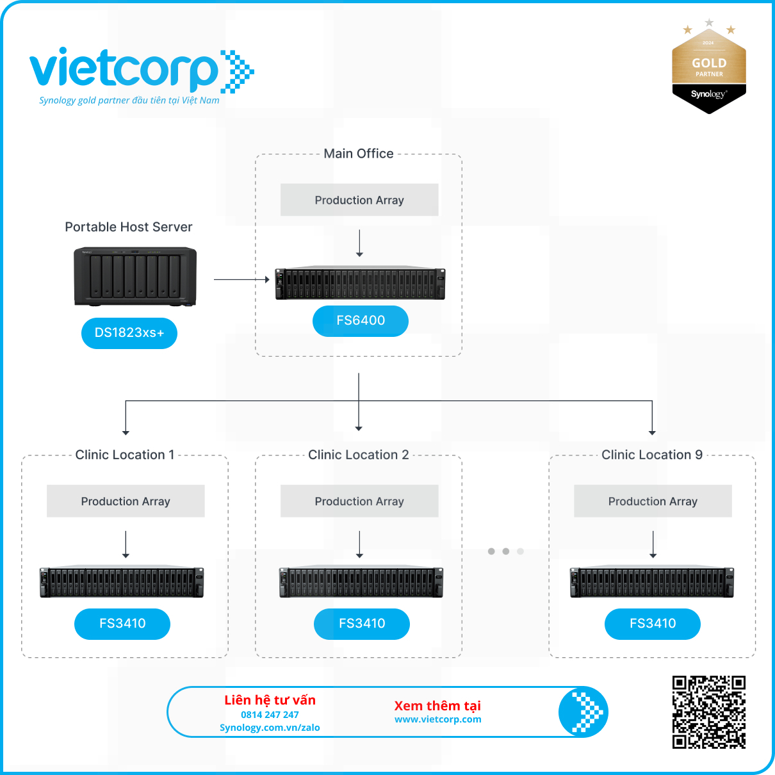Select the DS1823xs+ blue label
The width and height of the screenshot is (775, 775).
pos(129,333)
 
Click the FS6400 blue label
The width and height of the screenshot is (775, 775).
pos(361,321)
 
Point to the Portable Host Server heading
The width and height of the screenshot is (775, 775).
pos(129,227)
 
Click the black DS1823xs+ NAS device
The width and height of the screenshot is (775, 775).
pos(135,276)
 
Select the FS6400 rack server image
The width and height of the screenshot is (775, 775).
pos(360,283)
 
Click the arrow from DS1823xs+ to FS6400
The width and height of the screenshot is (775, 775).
pos(241,279)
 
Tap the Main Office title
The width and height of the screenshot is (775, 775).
pos(359,154)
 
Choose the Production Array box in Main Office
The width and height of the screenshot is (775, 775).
pos(359,200)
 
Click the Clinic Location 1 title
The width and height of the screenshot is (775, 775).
pos(125,455)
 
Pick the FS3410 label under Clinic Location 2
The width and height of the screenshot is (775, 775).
pos(362,624)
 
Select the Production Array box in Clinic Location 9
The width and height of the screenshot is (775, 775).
pos(653,501)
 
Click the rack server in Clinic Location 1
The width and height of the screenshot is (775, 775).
pos(122,582)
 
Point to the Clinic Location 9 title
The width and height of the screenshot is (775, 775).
pos(652,455)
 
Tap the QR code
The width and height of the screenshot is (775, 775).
pos(709,712)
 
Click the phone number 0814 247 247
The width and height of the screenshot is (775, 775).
pos(270,715)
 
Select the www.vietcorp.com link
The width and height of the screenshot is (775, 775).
pos(438,719)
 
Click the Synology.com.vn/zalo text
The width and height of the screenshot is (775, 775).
pos(270,728)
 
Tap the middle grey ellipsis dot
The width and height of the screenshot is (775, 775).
pos(506,551)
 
